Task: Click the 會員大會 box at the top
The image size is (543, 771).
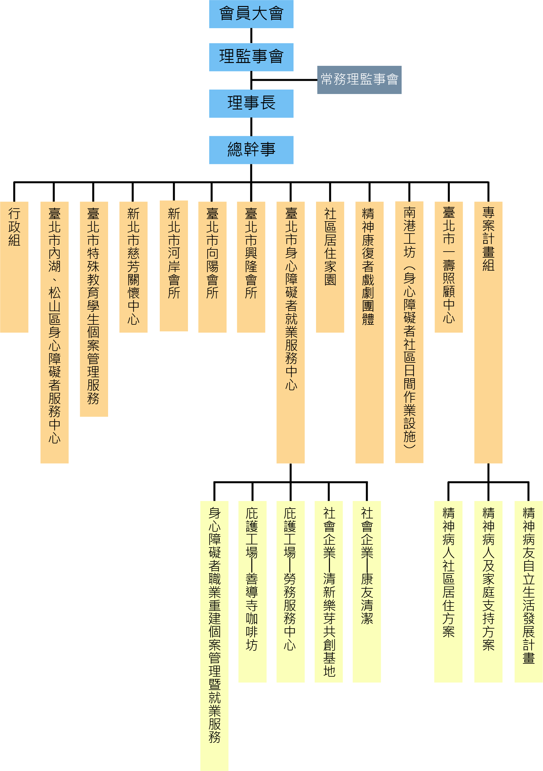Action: click(x=251, y=14)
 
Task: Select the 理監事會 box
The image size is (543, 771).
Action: click(x=251, y=57)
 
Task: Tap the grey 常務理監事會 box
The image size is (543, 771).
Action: click(x=359, y=79)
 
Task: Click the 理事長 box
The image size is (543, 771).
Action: click(x=251, y=103)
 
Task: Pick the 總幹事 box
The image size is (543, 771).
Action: click(x=251, y=150)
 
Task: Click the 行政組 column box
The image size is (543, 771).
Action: click(x=14, y=266)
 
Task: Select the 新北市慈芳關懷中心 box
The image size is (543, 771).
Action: click(x=133, y=266)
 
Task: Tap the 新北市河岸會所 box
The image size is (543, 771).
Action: click(x=173, y=266)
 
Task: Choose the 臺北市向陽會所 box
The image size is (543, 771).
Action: click(x=212, y=266)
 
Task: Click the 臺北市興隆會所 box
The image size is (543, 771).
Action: click(x=251, y=266)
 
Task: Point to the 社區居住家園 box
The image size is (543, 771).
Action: click(x=330, y=266)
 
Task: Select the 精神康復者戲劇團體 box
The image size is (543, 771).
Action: click(x=369, y=332)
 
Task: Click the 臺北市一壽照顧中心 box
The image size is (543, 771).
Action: click(x=449, y=266)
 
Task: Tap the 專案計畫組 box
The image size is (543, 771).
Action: click(x=488, y=332)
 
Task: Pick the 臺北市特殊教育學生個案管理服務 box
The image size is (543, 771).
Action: click(x=94, y=309)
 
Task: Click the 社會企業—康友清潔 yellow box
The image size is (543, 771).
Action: click(x=366, y=591)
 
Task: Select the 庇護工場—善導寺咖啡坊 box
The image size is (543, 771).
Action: click(x=252, y=591)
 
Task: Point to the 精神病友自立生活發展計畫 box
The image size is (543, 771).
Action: click(x=528, y=591)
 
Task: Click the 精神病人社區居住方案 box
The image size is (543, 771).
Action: click(x=448, y=591)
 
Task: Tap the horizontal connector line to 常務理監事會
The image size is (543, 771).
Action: click(x=284, y=80)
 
